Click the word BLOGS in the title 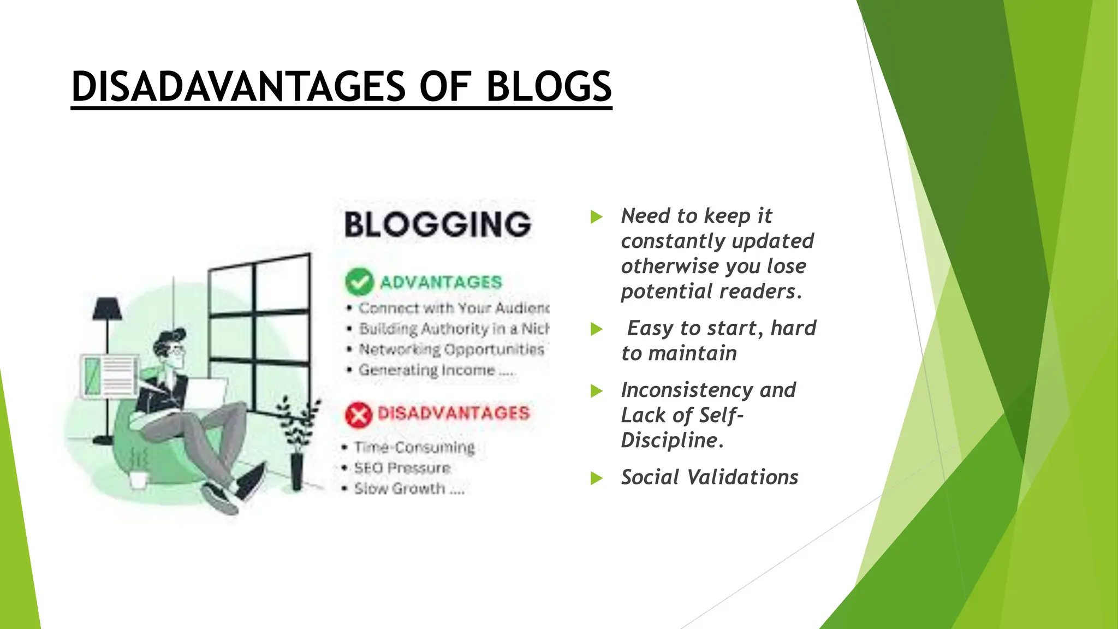click(549, 87)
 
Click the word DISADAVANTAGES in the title click(239, 87)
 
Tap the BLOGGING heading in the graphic click(437, 224)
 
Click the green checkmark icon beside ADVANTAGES click(359, 282)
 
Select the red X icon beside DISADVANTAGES click(358, 414)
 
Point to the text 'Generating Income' click(426, 370)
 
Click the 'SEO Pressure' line click(402, 468)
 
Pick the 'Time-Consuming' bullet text click(414, 447)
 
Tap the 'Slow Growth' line click(400, 488)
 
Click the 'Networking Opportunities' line click(451, 349)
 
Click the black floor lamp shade click(107, 308)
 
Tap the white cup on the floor click(138, 479)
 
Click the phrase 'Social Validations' click(709, 477)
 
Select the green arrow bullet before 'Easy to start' click(597, 329)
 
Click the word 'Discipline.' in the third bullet click(672, 440)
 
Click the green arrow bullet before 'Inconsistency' click(597, 391)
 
